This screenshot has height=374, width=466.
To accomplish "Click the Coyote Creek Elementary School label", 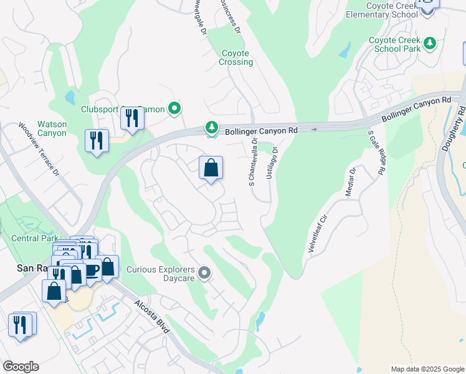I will [394, 10].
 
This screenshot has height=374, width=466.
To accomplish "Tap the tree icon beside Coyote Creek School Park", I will [429, 44].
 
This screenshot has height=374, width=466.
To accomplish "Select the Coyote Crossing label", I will [236, 58].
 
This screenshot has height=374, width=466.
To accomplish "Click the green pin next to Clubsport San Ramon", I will [175, 109].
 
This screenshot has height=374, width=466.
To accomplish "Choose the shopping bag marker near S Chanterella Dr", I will [211, 168].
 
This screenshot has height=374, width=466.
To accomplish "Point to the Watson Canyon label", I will [52, 128].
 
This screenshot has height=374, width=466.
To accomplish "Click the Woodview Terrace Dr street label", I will [39, 148].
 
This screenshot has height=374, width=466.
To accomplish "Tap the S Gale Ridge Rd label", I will [376, 151].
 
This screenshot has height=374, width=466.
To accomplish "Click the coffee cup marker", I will [92, 270].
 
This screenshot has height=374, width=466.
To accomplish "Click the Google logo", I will [21, 367].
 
